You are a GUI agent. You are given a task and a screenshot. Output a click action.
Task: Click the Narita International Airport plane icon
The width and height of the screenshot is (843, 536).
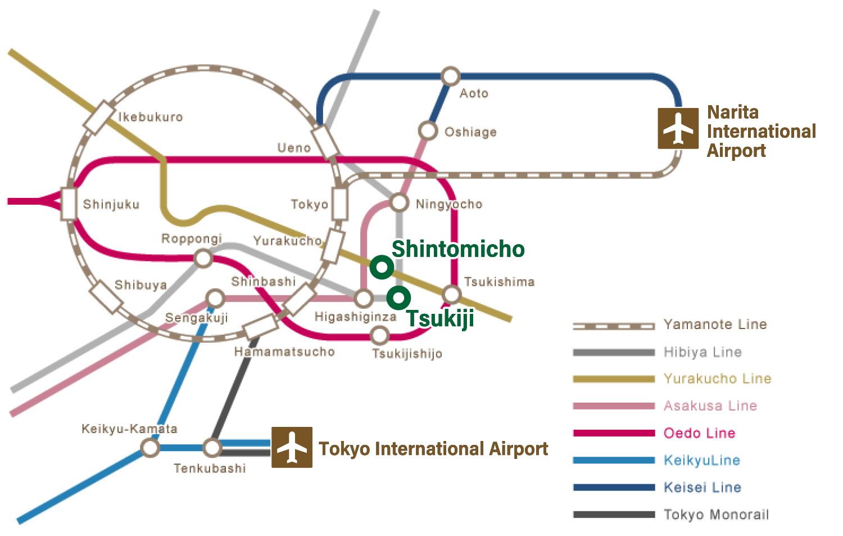pyautogui.click(x=678, y=128)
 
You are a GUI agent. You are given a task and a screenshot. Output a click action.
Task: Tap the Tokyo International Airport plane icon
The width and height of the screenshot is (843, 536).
pyautogui.click(x=292, y=447)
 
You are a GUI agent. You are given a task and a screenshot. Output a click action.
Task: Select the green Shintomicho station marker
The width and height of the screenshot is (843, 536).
pyautogui.click(x=382, y=267)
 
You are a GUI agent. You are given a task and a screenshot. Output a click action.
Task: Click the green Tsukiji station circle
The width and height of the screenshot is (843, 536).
pyautogui.click(x=398, y=297)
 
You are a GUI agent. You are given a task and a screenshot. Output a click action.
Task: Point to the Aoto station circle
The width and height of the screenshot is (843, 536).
pyautogui.click(x=450, y=76)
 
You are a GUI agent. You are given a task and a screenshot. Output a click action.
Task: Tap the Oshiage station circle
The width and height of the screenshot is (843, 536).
pyautogui.click(x=428, y=130)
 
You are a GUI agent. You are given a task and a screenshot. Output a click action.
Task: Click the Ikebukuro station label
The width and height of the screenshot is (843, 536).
pyautogui.click(x=151, y=117)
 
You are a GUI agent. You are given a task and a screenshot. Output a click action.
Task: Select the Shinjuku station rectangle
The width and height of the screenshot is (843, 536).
pyautogui.click(x=69, y=204)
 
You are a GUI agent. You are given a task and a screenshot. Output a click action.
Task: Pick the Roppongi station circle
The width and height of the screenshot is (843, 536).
pyautogui.click(x=203, y=259)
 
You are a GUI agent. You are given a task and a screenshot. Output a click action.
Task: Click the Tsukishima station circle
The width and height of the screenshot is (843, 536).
pyautogui.click(x=452, y=294)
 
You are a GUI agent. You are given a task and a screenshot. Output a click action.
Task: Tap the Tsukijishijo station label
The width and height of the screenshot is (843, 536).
pyautogui.click(x=407, y=354)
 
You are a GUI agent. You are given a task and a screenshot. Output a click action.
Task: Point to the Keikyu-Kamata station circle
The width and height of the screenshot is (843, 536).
pyautogui.click(x=150, y=448)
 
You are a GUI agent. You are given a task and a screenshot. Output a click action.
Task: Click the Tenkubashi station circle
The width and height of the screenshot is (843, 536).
pyautogui.click(x=212, y=448)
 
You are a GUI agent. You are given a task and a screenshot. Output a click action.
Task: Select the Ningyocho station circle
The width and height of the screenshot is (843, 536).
pyautogui.click(x=399, y=202)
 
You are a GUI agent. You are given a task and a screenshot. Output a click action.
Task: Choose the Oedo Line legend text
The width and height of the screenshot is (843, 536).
pyautogui.click(x=699, y=433)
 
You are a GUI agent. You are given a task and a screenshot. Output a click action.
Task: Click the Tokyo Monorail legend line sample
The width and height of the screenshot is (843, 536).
pyautogui.click(x=614, y=514)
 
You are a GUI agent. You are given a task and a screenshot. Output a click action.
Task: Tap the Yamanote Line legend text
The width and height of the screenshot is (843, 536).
pyautogui.click(x=715, y=325)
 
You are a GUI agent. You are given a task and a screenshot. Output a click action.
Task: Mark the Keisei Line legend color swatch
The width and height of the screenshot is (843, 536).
pyautogui.click(x=614, y=487)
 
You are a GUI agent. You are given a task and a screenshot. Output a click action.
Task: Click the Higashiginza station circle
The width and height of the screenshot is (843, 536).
pyautogui.click(x=364, y=298)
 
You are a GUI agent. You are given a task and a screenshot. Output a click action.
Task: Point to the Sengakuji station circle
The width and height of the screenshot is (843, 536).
pyautogui.click(x=215, y=298)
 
